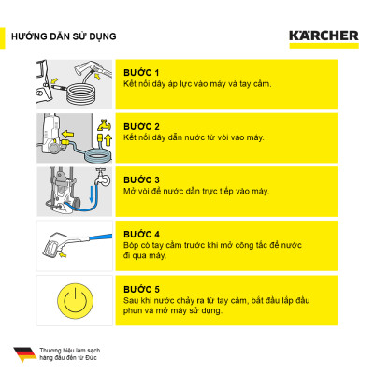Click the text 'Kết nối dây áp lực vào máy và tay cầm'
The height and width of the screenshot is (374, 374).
(x=196, y=85)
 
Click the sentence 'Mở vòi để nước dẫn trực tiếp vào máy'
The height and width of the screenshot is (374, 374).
(x=196, y=192)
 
